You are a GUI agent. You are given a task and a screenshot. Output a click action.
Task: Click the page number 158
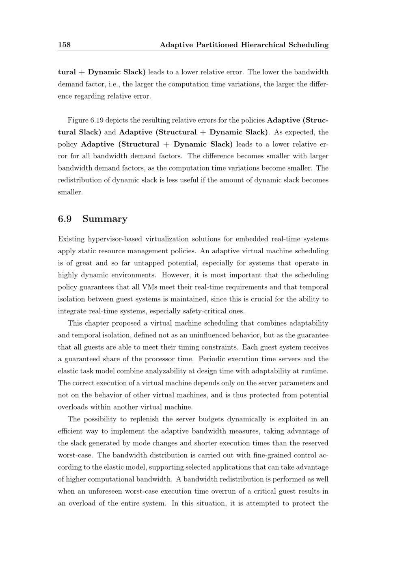pyautogui.click(x=64, y=45)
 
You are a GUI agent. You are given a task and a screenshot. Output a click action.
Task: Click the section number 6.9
pyautogui.click(x=65, y=219)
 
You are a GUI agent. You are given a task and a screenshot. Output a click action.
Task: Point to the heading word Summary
pyautogui.click(x=105, y=219)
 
